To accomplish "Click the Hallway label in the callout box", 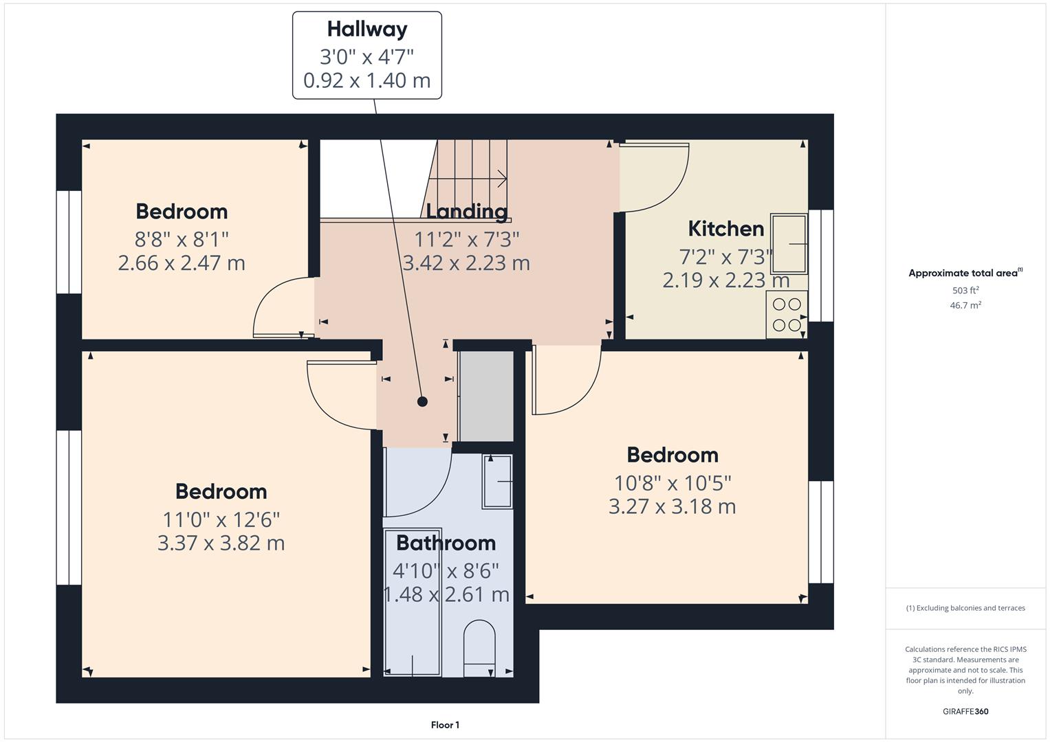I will pyautogui.click(x=367, y=30).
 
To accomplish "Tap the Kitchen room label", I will pyautogui.click(x=725, y=229).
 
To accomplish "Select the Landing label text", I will pyautogui.click(x=466, y=212).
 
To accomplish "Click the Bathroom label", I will pyautogui.click(x=446, y=543).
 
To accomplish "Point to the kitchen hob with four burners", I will pyautogui.click(x=787, y=315).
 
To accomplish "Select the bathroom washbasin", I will pyautogui.click(x=498, y=482).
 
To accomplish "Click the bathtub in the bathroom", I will pyautogui.click(x=412, y=602).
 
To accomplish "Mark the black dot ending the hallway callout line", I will pyautogui.click(x=422, y=402).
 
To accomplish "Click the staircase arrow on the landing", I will pyautogui.click(x=500, y=179).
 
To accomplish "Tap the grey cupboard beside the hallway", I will pyautogui.click(x=485, y=396).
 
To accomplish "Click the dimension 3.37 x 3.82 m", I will pyautogui.click(x=221, y=543).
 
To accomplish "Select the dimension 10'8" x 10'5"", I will pyautogui.click(x=672, y=484).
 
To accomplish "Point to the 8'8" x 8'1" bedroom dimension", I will pyautogui.click(x=182, y=240).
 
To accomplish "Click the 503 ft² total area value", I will pyautogui.click(x=965, y=291).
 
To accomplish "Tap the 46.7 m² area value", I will pyautogui.click(x=965, y=306).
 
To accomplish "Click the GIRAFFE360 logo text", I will pyautogui.click(x=965, y=712).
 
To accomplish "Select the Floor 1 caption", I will pyautogui.click(x=445, y=725).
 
